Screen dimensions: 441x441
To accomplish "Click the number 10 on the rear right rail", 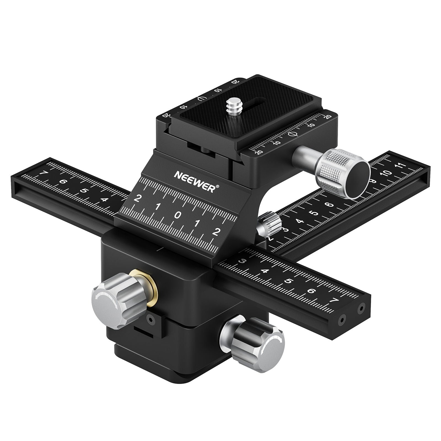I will click(387, 173).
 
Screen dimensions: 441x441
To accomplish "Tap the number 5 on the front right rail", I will click(288, 281).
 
